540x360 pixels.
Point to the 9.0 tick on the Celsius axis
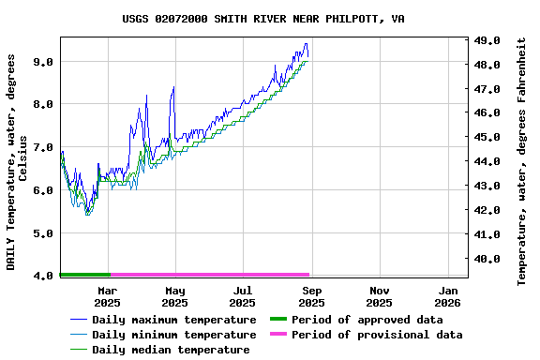[42, 61]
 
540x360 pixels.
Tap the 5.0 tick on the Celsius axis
[42, 232]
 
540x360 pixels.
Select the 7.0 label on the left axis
[42, 147]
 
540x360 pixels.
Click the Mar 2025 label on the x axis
[107, 296]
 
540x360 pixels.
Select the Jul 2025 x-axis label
[243, 296]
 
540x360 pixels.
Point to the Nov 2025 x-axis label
[379, 296]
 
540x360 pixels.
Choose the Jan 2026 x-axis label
[447, 296]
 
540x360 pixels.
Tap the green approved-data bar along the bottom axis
[84, 275]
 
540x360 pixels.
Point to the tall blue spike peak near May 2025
[173, 87]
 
